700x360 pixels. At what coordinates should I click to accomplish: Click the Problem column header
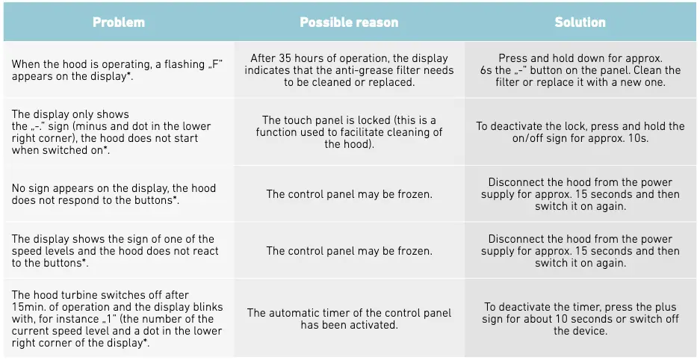[118, 22]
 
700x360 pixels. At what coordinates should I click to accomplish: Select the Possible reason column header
[348, 22]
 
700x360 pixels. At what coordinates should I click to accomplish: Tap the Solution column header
[580, 22]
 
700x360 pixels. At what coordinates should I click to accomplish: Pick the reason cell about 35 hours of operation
[349, 70]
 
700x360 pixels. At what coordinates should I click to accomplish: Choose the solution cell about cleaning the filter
[580, 70]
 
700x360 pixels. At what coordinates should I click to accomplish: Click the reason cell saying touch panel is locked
[349, 132]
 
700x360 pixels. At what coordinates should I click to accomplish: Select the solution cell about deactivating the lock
[580, 132]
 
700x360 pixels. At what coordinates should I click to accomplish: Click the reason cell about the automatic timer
[349, 319]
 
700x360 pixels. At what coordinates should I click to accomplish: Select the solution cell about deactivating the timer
[580, 319]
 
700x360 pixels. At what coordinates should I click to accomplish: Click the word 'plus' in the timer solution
[663, 307]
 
